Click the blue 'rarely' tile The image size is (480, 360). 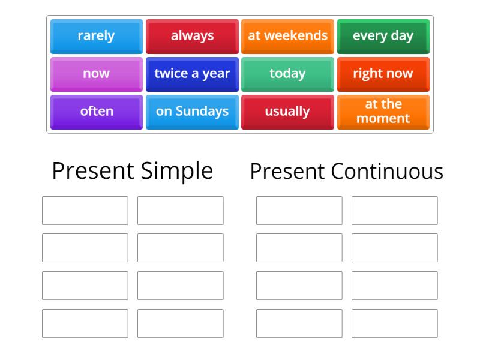(x=96, y=36)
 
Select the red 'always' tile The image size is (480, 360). (x=192, y=36)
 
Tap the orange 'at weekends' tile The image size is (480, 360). (x=287, y=36)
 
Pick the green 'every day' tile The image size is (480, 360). (x=383, y=36)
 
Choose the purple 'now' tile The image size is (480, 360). (x=96, y=74)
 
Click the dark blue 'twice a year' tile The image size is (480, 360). (x=192, y=74)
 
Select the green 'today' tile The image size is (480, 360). (x=287, y=74)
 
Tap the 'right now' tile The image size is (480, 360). (x=383, y=74)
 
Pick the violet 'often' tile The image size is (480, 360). (x=96, y=112)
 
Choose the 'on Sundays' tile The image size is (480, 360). (x=192, y=112)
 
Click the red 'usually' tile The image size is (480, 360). (x=287, y=112)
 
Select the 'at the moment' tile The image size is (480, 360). (x=383, y=112)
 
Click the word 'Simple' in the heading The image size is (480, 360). (x=177, y=171)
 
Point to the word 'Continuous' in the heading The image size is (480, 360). (x=387, y=172)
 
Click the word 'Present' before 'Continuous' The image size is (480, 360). (x=288, y=172)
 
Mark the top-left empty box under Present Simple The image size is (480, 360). (x=85, y=211)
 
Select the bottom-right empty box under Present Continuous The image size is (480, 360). (x=394, y=323)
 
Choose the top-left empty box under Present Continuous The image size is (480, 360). (x=299, y=211)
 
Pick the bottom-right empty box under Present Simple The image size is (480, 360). (x=180, y=323)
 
